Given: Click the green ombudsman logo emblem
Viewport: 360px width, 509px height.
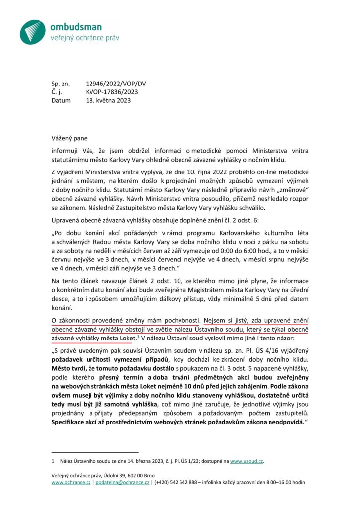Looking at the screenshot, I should pyautogui.click(x=33, y=31).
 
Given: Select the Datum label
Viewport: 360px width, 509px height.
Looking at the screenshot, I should pyautogui.click(x=61, y=100).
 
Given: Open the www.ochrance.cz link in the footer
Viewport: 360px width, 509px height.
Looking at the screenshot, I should pyautogui.click(x=71, y=482).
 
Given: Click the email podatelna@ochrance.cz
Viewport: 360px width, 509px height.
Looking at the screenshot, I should pyautogui.click(x=122, y=482).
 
